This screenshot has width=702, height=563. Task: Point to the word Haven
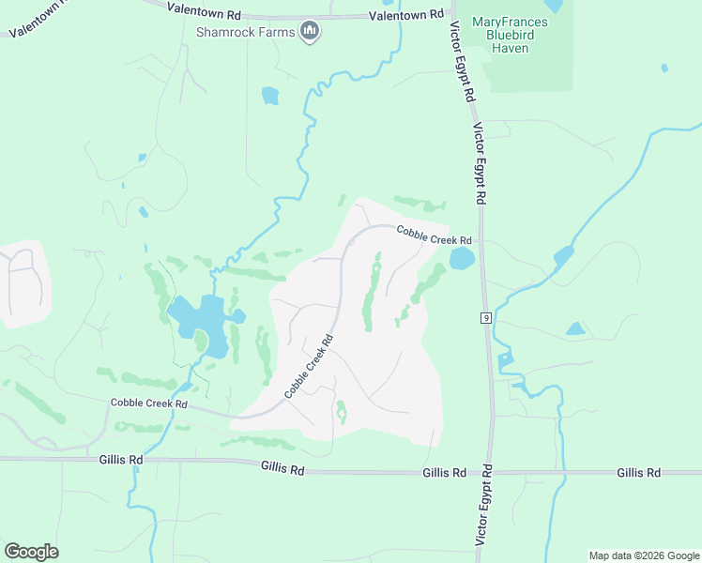click(509, 48)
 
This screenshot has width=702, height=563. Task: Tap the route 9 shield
click(485, 319)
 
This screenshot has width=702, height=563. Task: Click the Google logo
click(32, 551)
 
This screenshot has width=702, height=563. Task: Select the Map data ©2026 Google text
click(643, 555)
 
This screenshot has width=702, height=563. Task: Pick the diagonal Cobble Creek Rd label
click(310, 366)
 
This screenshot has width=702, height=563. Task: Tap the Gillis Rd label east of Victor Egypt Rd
click(639, 473)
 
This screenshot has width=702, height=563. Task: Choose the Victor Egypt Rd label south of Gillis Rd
click(484, 504)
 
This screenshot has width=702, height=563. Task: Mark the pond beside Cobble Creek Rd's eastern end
click(462, 258)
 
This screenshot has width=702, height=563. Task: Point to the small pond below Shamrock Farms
click(270, 95)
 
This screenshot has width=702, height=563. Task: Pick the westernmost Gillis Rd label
click(121, 460)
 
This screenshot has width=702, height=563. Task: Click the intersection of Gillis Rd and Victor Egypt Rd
click(487, 472)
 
